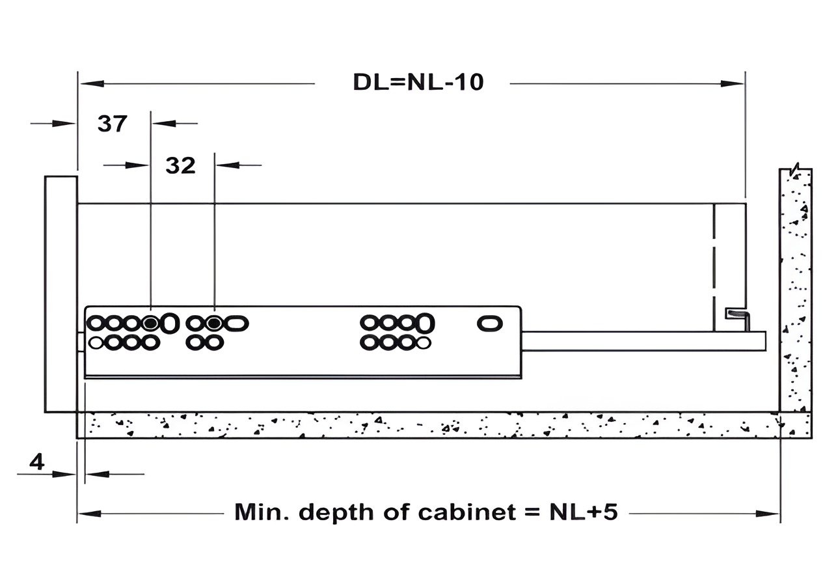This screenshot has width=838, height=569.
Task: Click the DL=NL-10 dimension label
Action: pos(418,82)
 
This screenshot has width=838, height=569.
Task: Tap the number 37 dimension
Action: pos(112,124)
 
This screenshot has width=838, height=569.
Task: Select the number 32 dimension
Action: pos(180,165)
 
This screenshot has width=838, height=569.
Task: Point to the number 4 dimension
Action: pos(37,462)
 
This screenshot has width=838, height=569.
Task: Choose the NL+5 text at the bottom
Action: pos(584,512)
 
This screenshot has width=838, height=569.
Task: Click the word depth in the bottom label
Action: pos(336,513)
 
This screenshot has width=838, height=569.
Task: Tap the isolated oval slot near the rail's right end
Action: pos(490,324)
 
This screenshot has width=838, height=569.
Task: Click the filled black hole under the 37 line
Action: pos(150,323)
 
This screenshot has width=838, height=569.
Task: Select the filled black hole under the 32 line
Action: pos(214,323)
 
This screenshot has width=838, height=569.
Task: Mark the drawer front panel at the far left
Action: pos(61,294)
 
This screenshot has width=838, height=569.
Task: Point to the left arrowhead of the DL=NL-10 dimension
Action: pos(92,83)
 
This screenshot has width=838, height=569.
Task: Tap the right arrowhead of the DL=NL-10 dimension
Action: pos(732,83)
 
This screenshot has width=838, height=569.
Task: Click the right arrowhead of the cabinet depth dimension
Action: pos(768,514)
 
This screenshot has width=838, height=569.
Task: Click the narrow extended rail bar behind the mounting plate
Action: pos(643,341)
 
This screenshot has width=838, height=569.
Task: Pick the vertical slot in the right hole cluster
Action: pos(426,323)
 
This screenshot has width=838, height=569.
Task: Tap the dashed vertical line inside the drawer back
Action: pos(714,268)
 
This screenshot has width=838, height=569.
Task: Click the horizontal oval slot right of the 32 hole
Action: pos(237,324)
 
